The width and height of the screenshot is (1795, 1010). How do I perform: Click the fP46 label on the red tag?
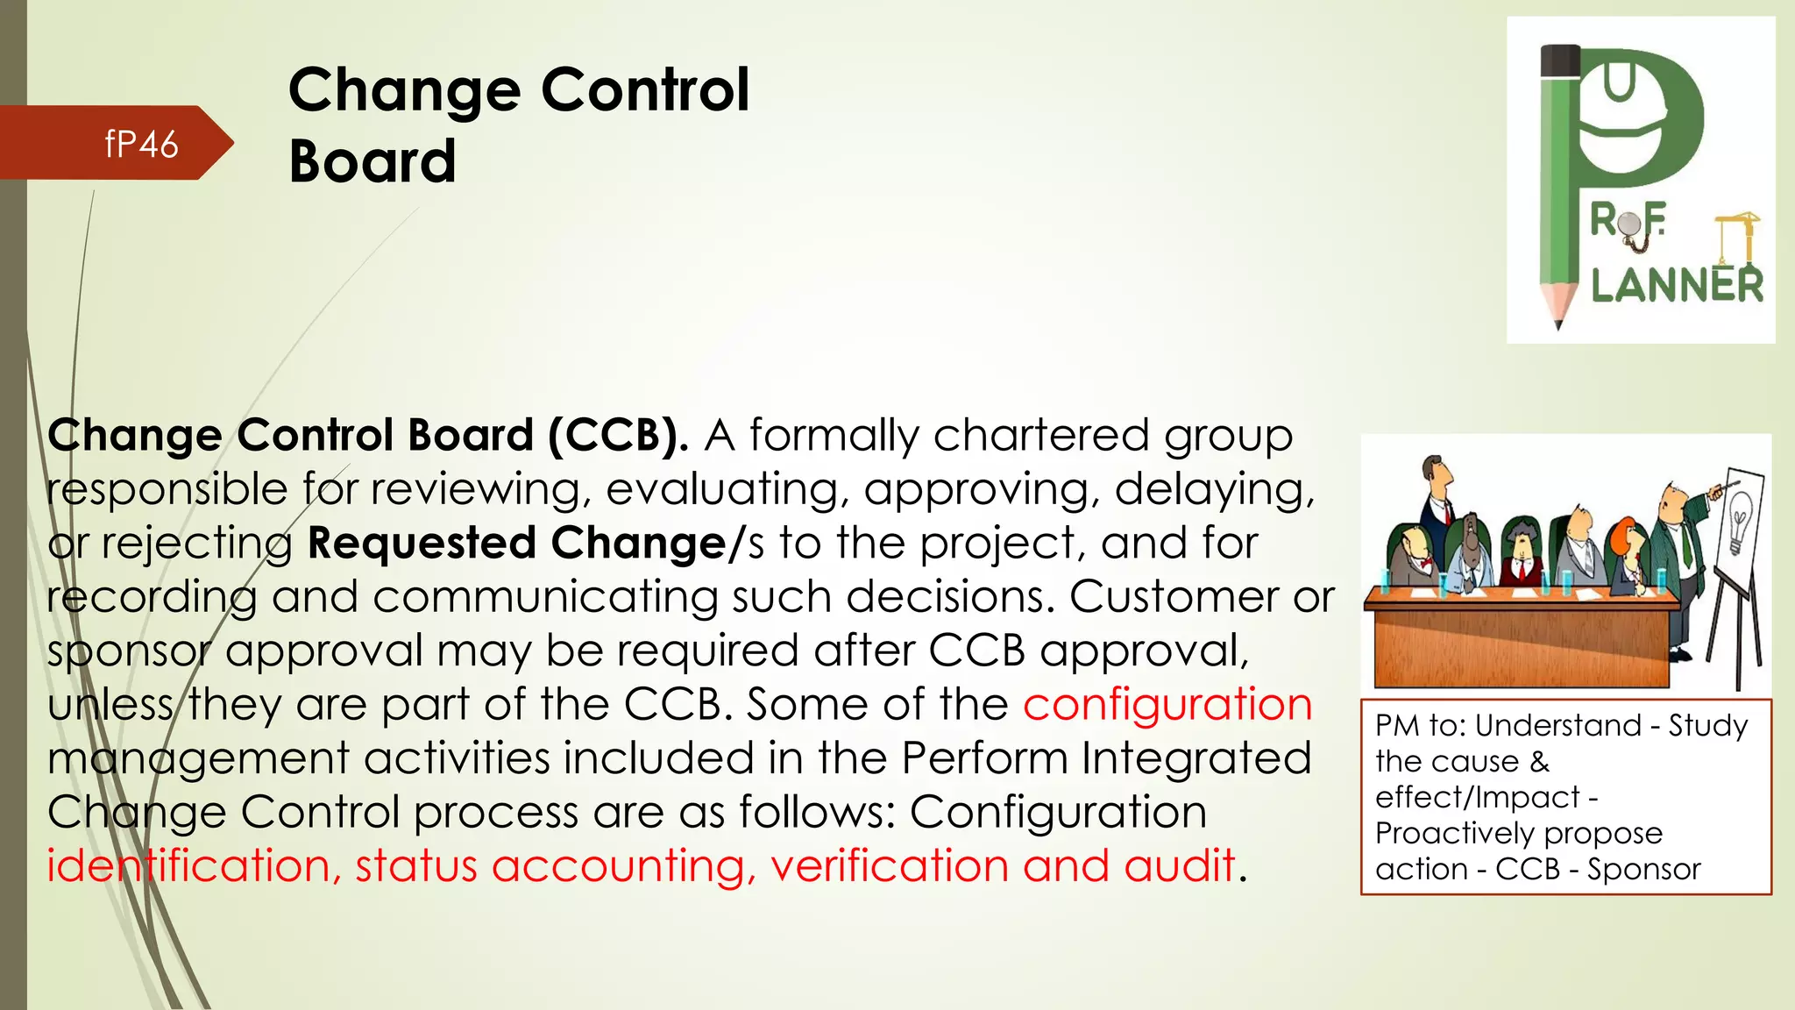(141, 145)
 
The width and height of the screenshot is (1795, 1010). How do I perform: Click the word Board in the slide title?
(372, 162)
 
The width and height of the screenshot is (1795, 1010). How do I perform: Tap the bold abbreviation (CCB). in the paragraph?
(619, 436)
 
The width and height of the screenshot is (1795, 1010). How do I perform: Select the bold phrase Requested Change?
(516, 544)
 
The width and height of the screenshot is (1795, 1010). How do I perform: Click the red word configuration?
(1167, 705)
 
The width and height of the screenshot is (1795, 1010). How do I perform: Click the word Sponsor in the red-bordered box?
(1643, 869)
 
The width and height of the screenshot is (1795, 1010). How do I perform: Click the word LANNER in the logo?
(1676, 286)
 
